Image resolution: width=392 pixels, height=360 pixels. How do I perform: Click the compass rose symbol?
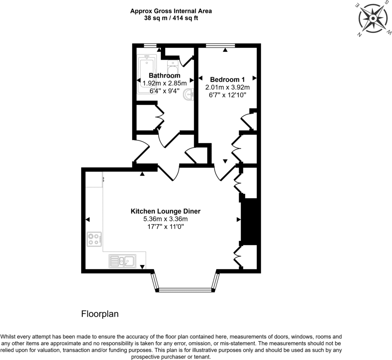(x=372, y=19)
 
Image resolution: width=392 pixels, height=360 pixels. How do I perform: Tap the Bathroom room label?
(x=165, y=76)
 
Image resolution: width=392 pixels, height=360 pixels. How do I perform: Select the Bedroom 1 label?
(x=227, y=80)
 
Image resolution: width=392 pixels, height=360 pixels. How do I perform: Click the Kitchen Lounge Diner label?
(x=165, y=211)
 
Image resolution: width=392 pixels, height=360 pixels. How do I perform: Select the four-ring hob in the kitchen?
(x=94, y=239)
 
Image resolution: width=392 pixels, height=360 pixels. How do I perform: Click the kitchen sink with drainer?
(x=122, y=261)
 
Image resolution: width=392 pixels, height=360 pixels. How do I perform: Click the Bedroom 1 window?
(x=220, y=46)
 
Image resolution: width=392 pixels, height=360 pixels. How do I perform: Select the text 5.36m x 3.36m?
(x=165, y=219)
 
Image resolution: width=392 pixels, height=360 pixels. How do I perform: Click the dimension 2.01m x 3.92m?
(x=227, y=87)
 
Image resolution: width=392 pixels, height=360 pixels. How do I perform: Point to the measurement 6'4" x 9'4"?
(x=165, y=91)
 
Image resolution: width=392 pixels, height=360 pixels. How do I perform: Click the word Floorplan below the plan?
(x=100, y=314)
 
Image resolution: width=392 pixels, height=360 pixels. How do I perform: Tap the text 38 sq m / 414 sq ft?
(x=171, y=18)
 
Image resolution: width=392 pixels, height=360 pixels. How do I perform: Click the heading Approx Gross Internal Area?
(x=171, y=11)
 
